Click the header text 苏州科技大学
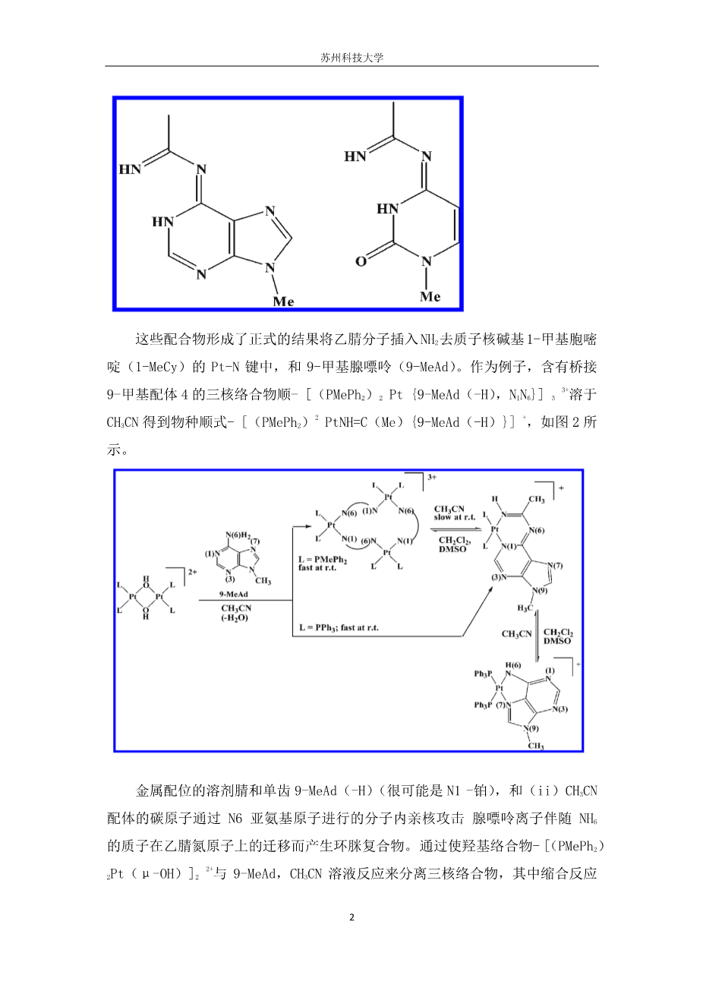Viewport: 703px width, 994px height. (351, 58)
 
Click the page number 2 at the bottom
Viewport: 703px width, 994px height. (351, 917)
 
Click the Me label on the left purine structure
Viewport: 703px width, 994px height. (283, 301)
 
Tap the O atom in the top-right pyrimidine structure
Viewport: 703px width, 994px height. (361, 261)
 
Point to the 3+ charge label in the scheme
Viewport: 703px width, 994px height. (433, 478)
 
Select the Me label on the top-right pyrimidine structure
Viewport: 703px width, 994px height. (430, 297)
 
